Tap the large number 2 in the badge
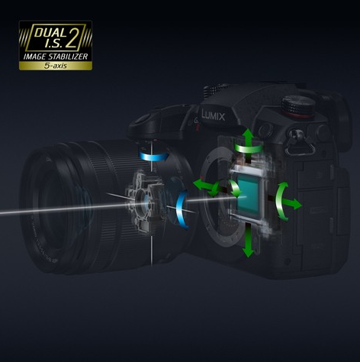[72, 37]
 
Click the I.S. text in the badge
[53, 44]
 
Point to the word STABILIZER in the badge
[68, 57]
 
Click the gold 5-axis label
[56, 66]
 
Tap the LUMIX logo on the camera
[213, 115]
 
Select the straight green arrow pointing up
[248, 139]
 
